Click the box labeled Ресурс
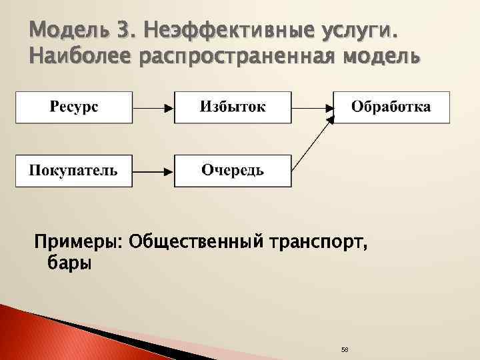[x=73, y=107]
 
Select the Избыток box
[x=233, y=107]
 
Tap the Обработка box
[x=391, y=107]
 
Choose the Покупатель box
[x=73, y=170]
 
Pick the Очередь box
[x=233, y=170]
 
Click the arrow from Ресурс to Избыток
[x=153, y=107]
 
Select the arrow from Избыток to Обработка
[x=312, y=107]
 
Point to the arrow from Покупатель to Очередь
[x=153, y=171]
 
